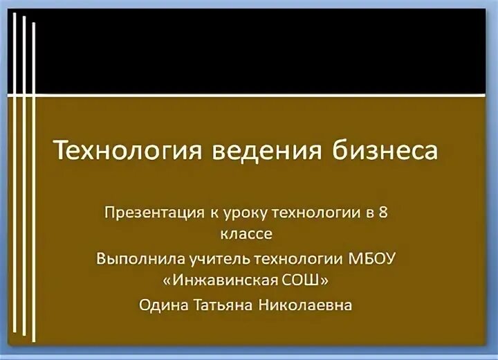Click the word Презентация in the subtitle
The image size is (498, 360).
[x=150, y=210]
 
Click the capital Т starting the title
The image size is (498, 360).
[x=61, y=150]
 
